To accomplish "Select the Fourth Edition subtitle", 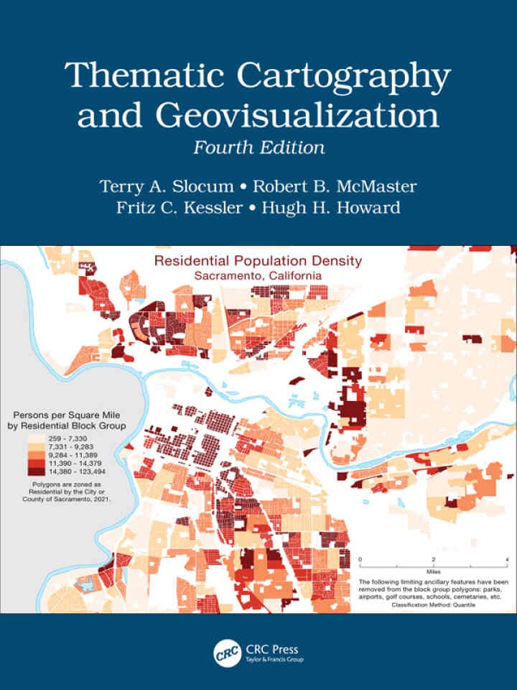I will (258, 148).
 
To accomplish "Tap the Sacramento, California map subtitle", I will (258, 275).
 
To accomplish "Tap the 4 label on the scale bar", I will (507, 559).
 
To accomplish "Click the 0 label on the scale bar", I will (360, 559).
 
